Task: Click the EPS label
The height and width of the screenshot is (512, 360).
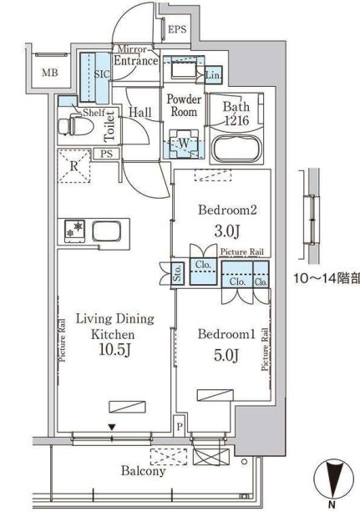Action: click(177, 29)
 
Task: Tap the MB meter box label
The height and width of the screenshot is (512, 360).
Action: click(50, 73)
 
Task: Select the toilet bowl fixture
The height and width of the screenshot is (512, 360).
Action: click(75, 126)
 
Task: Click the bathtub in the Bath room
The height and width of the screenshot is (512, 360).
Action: click(236, 148)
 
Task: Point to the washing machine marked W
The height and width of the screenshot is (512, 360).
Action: click(184, 144)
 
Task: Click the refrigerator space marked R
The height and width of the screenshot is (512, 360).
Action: click(74, 166)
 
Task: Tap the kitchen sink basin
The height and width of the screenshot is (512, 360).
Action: click(107, 231)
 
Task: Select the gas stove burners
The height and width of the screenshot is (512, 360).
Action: click(75, 231)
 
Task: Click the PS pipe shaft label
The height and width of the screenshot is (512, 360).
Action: click(107, 154)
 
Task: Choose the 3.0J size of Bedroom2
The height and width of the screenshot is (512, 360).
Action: click(227, 231)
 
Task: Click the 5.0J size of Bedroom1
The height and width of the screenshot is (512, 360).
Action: click(226, 355)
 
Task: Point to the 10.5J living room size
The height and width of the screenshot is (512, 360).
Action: click(114, 350)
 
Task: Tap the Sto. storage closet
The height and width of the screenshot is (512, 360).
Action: click(178, 274)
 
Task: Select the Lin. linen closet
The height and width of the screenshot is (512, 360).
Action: click(213, 75)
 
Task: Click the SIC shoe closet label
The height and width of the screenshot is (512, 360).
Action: click(102, 74)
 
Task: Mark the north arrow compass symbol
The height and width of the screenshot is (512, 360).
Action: click(333, 479)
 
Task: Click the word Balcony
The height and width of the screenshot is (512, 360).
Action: click(143, 471)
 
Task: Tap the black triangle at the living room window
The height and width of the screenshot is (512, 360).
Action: click(112, 427)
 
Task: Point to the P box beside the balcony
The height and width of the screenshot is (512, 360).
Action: click(180, 427)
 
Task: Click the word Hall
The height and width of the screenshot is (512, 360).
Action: click(140, 113)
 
